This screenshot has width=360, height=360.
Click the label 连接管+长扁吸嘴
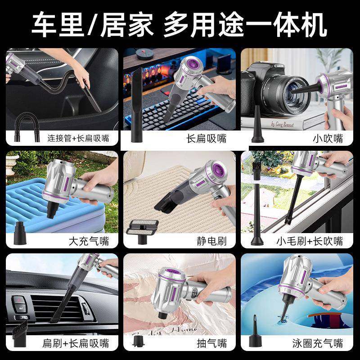click(78, 138)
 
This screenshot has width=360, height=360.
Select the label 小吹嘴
click(328, 138)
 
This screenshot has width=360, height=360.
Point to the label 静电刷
click(211, 241)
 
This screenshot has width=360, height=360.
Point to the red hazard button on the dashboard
click(18, 301)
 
